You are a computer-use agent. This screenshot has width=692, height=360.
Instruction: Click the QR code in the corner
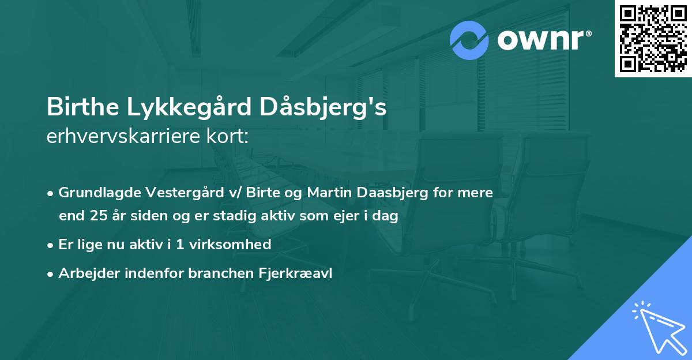[653, 38]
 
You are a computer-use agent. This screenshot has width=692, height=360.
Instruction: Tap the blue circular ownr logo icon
[469, 40]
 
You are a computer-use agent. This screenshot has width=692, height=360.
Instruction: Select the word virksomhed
[234, 245]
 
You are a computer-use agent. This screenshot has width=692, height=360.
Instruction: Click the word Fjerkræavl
[295, 274]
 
